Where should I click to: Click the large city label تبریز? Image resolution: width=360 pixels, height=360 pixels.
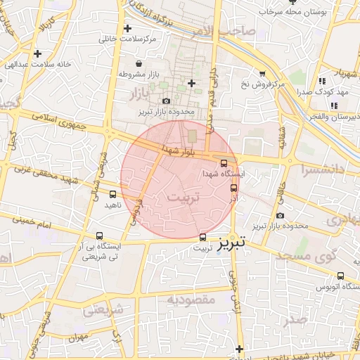point(231,244)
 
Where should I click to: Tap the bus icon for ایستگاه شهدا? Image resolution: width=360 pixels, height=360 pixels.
point(224,163)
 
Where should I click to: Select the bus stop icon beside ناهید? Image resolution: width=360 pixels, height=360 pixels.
point(112,194)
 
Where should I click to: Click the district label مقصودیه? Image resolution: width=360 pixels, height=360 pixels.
point(190,300)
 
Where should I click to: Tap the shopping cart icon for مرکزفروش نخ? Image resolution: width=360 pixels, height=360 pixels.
point(262,73)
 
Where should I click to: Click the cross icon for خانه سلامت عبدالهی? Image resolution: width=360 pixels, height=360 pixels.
point(37,53)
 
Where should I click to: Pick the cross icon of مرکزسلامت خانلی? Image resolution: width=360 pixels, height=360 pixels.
point(127,29)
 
